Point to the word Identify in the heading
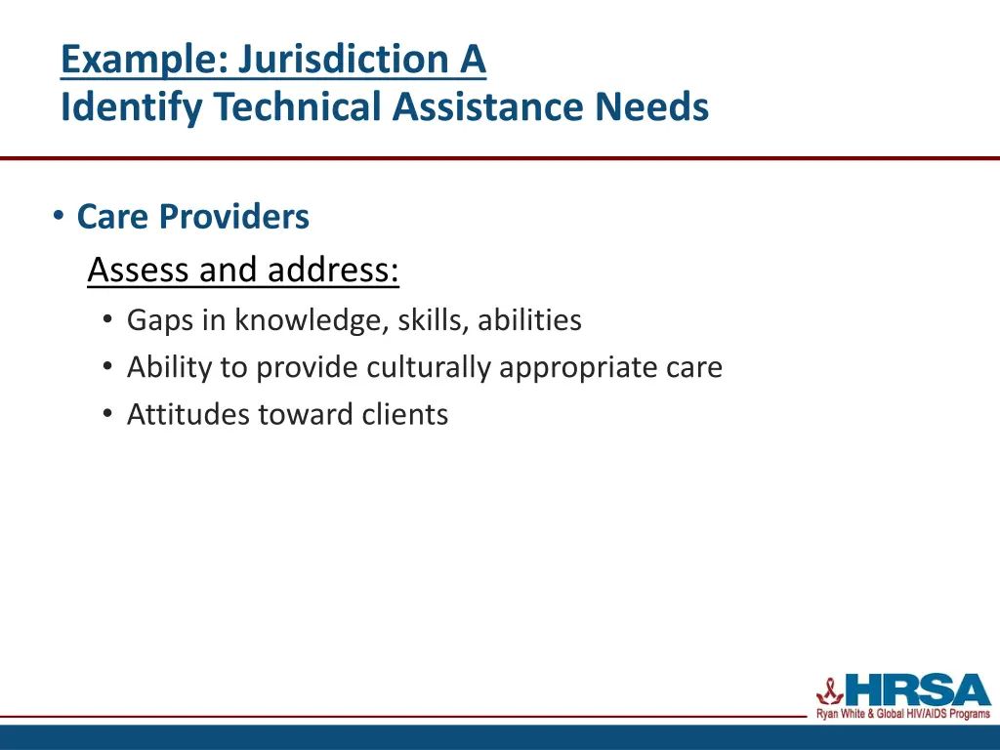coord(132,106)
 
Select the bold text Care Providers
coord(192,217)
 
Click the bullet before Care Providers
coord(60,216)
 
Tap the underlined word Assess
coord(139,270)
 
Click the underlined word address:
coord(333,270)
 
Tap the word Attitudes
coord(188,415)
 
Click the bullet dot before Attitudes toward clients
coord(107,415)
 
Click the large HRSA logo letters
coord(917,689)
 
